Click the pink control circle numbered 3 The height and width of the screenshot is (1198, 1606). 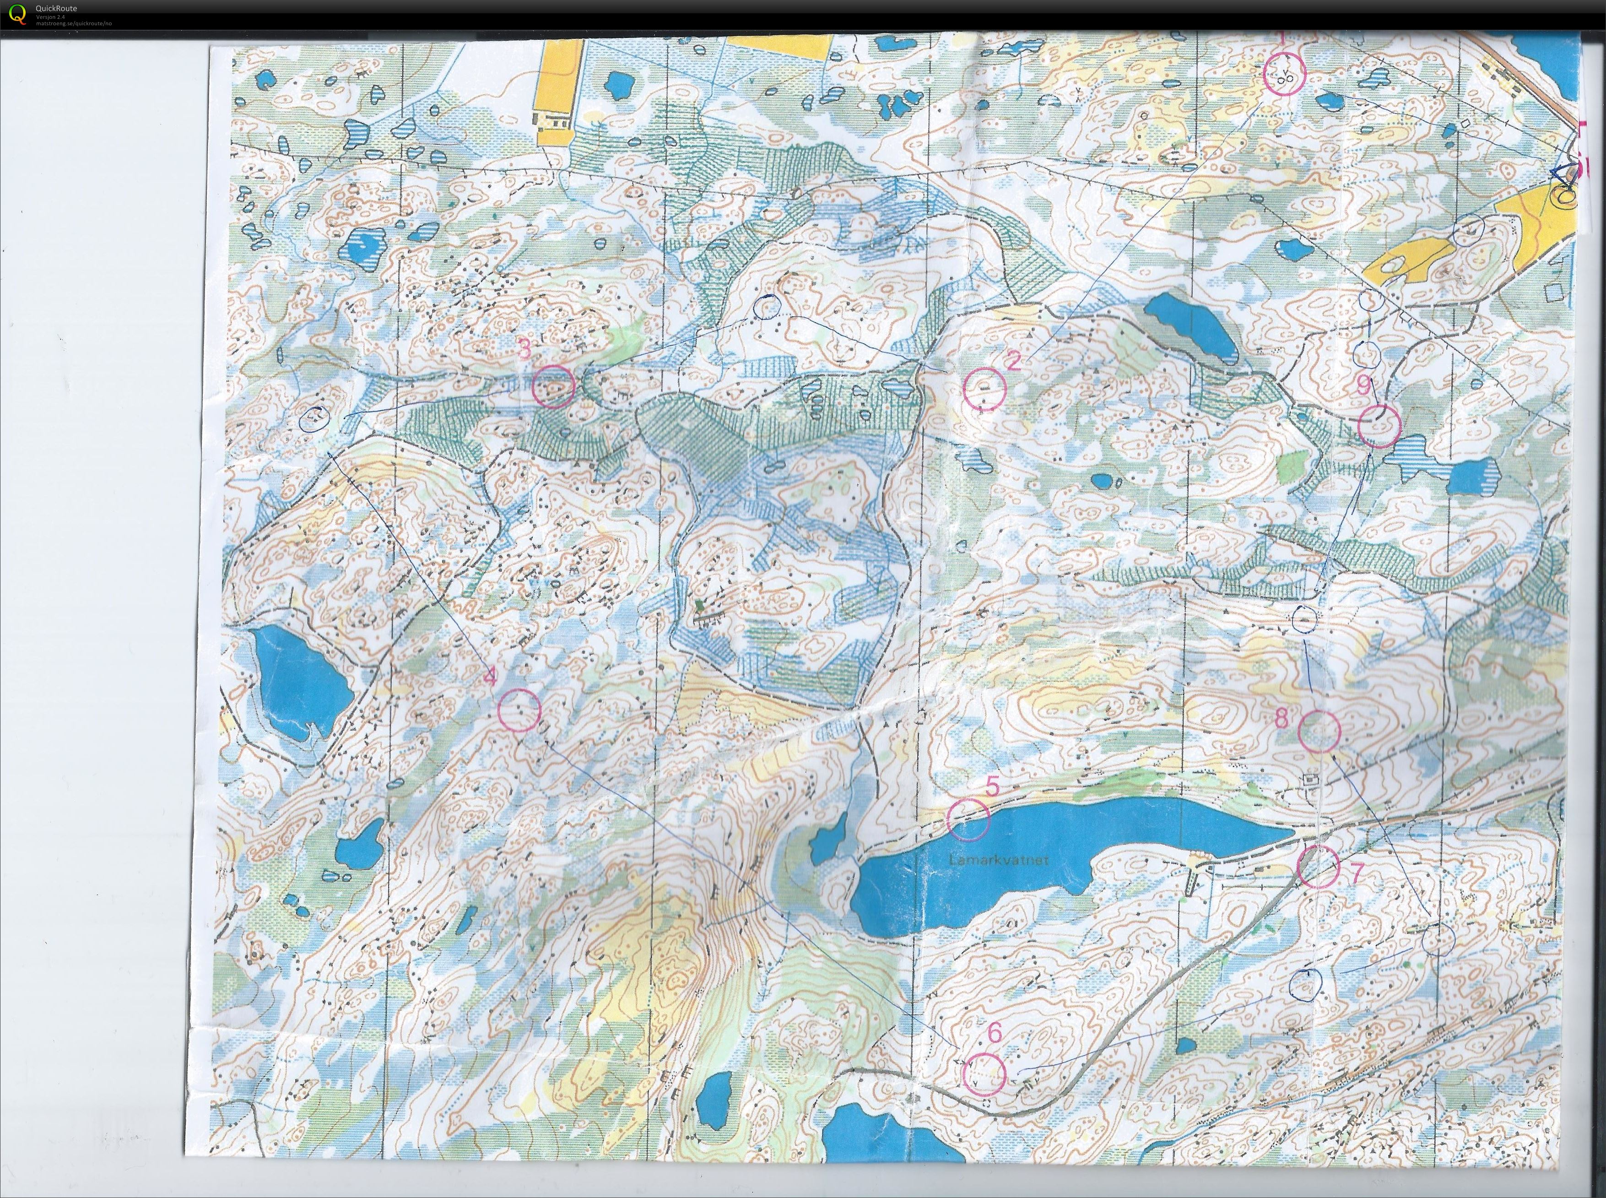[553, 386]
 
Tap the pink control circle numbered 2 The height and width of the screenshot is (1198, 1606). [984, 388]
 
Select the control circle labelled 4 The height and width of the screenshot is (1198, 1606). [520, 709]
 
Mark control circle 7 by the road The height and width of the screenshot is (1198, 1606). [1317, 867]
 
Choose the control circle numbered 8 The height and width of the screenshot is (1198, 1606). [1317, 731]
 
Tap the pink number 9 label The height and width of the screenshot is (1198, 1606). [1363, 386]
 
